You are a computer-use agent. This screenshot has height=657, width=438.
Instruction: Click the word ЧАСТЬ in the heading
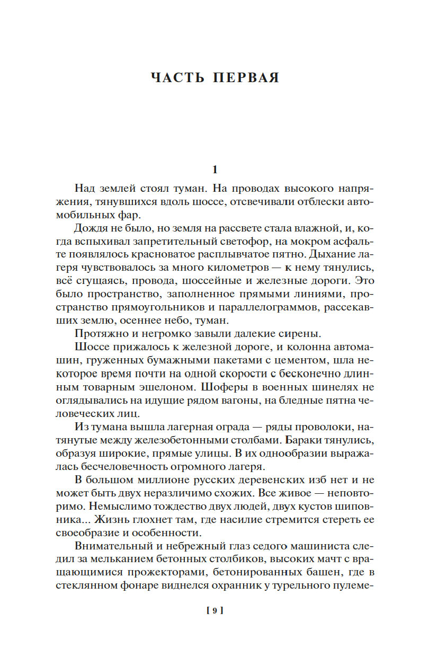tap(177, 77)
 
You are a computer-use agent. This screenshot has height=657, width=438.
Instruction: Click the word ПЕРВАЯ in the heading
tap(246, 77)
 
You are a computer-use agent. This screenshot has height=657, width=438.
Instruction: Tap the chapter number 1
tap(214, 170)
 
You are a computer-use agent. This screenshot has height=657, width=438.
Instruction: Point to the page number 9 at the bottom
tap(214, 610)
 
